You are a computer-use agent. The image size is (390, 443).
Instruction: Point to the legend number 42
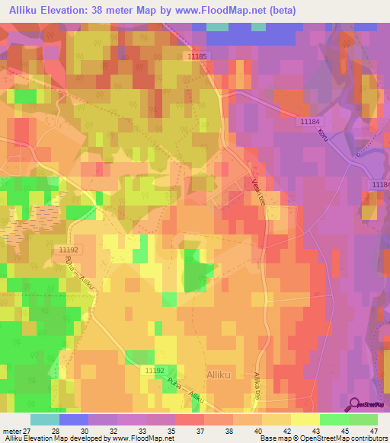click(276, 430)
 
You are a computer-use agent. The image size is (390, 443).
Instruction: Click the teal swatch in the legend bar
click(44, 419)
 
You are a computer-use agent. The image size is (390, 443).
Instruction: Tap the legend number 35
click(160, 430)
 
